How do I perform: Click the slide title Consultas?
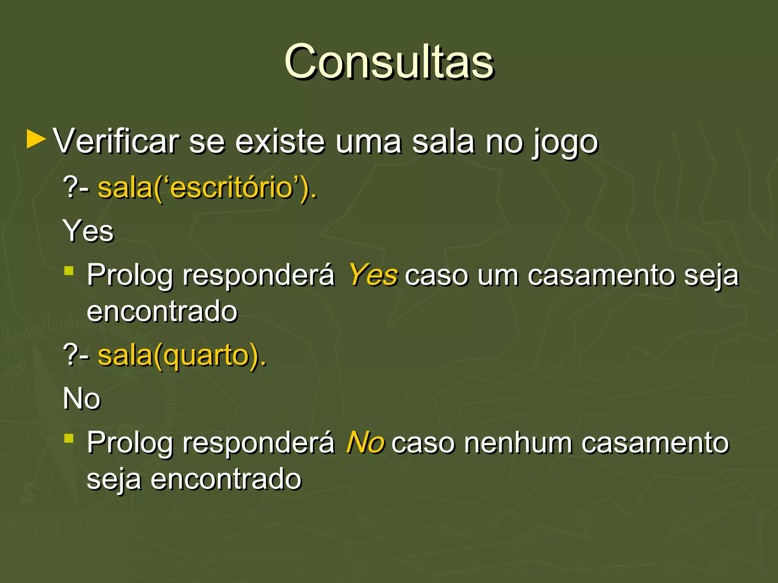389,61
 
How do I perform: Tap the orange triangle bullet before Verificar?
36,140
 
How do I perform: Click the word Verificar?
116,141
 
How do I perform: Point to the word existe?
280,141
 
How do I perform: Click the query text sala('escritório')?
207,188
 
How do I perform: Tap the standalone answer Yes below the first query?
89,230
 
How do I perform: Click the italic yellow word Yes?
373,274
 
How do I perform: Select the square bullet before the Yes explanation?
69,271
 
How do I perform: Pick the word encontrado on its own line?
162,311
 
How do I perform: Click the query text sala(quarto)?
182,356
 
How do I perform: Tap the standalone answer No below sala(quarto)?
82,399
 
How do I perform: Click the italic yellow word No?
365,442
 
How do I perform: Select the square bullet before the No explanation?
69,438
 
